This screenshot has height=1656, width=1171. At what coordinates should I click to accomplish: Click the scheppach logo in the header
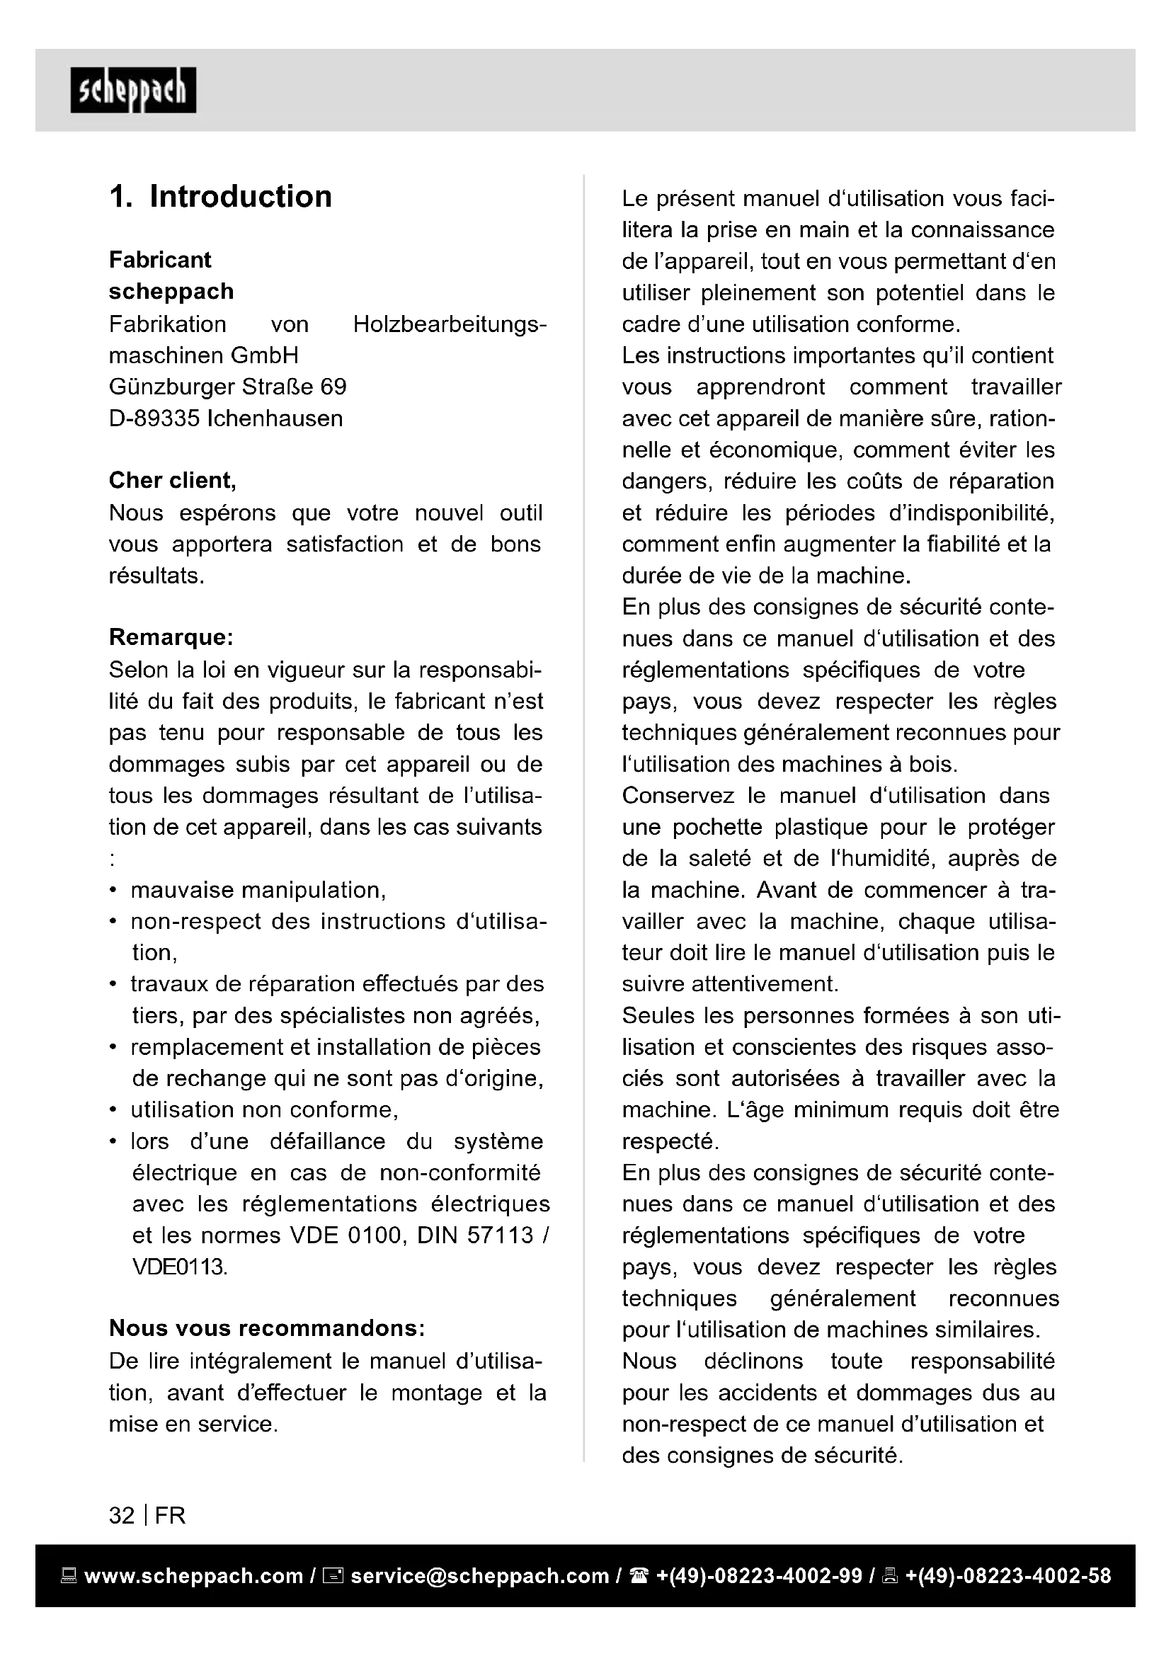click(133, 90)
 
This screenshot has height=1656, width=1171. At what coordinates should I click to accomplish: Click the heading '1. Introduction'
click(220, 197)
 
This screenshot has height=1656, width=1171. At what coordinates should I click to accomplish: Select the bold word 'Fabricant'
click(160, 260)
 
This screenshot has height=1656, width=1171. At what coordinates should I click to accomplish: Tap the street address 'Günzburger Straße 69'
click(227, 387)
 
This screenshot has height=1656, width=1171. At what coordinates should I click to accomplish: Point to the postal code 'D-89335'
click(154, 418)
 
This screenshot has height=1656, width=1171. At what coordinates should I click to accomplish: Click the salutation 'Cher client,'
click(172, 480)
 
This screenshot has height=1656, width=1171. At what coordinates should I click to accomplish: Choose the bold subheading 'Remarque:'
click(171, 638)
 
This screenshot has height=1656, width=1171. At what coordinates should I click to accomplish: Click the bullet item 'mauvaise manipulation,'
click(258, 890)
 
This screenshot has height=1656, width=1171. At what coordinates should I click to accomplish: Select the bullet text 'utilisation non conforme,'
click(264, 1110)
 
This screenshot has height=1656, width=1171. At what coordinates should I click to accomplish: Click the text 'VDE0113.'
click(181, 1267)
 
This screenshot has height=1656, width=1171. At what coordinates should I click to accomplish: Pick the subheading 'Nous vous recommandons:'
click(267, 1328)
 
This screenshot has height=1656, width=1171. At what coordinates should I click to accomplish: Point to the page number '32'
click(122, 1516)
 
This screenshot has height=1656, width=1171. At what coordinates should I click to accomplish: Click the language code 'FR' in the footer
click(170, 1516)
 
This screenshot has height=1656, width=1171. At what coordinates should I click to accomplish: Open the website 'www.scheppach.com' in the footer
click(193, 1576)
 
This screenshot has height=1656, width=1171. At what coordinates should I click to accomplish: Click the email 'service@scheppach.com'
click(479, 1576)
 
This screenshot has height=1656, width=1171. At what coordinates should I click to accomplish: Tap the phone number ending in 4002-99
click(759, 1576)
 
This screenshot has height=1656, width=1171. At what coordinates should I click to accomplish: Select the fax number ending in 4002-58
click(1008, 1576)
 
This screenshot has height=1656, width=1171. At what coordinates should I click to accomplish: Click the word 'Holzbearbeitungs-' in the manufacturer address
click(450, 324)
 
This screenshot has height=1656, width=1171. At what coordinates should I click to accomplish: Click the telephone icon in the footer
click(639, 1576)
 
